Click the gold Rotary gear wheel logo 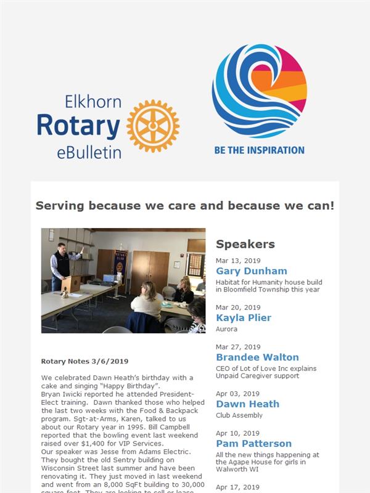[153, 126]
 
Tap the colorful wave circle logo [260, 91]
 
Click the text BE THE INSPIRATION [259, 150]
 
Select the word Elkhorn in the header [93, 102]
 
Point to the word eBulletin [89, 152]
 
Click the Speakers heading [245, 244]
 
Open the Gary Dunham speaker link [252, 271]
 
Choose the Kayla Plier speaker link [244, 318]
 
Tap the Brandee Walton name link [257, 357]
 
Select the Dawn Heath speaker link [248, 404]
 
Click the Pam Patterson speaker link [253, 444]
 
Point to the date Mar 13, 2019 [238, 261]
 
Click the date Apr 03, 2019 [237, 394]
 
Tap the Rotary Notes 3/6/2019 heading [84, 361]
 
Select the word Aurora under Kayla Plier [226, 329]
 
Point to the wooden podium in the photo [72, 284]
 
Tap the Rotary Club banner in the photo [120, 266]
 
